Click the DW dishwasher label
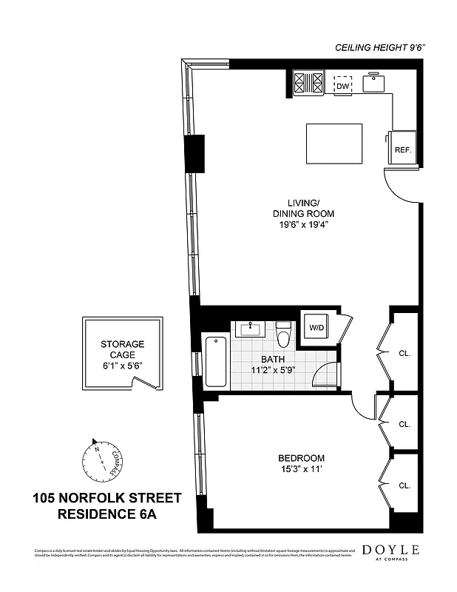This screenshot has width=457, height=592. pyautogui.click(x=342, y=87)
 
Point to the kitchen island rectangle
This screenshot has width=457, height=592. pyautogui.click(x=334, y=144)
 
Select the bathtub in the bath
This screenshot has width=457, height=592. pyautogui.click(x=215, y=361)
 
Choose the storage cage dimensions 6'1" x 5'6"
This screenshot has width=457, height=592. pyautogui.click(x=122, y=365)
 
